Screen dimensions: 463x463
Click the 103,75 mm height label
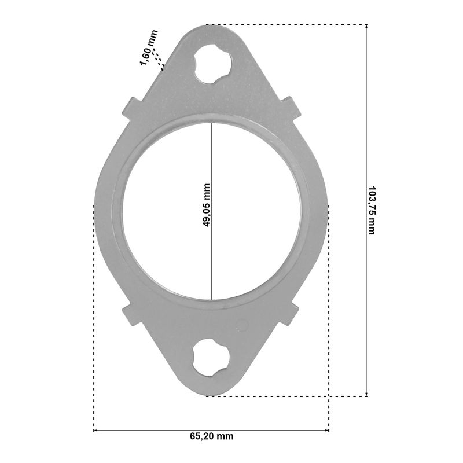point(372,210)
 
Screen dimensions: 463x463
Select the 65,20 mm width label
point(211,436)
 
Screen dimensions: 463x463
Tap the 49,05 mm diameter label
point(206,205)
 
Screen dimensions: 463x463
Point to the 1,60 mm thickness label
point(149,47)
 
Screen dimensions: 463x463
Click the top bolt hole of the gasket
point(212,64)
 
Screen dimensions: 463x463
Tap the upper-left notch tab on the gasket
point(132,108)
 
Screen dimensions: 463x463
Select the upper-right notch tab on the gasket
point(291,108)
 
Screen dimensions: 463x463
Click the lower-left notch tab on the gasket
point(132,314)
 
